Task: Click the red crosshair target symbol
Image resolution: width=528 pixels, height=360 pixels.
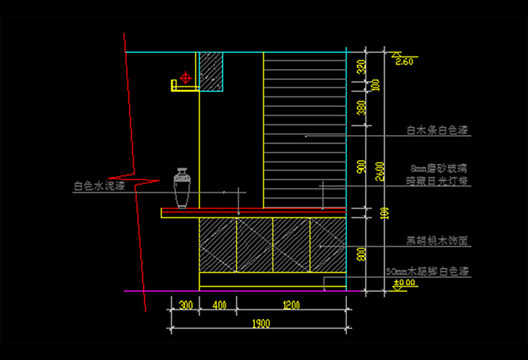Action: coord(184,77)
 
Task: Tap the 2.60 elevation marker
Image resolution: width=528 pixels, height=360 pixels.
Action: coord(404,62)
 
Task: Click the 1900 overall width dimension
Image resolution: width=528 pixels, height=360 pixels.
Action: coord(261,323)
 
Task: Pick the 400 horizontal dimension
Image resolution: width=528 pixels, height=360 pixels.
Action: coord(219,305)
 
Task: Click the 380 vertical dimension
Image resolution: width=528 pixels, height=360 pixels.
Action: coord(361,111)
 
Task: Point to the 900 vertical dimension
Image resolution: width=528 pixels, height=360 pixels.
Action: coord(361,166)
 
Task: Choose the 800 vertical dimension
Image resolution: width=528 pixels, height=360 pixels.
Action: coord(361,254)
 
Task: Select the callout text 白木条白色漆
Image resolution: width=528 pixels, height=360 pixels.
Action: coord(437,131)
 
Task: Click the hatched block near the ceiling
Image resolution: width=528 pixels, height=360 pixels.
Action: coord(211,71)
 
